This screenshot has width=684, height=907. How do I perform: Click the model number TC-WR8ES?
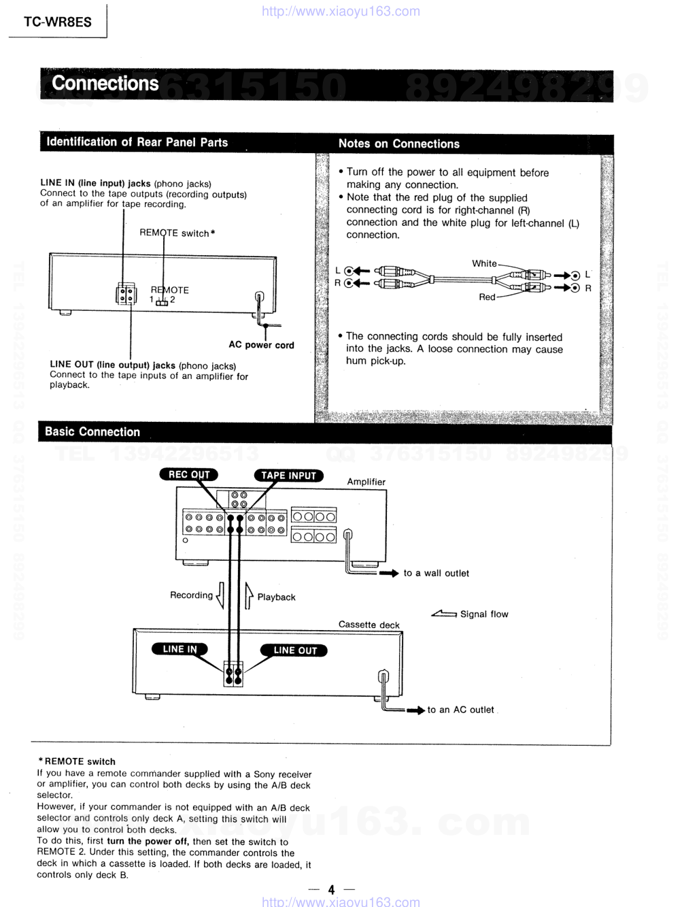coord(57,22)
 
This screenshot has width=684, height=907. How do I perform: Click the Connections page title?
coord(105,84)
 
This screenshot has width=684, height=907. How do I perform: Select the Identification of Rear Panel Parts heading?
coord(137,142)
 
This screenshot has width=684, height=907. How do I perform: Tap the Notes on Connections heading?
coord(398,144)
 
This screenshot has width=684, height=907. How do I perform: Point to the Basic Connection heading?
coord(92,432)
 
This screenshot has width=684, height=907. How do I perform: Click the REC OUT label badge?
coord(188,475)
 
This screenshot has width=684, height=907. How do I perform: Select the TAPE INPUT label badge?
coord(288,476)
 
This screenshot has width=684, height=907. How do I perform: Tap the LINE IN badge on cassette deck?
coord(179,649)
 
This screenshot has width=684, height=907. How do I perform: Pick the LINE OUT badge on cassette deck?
coord(294,650)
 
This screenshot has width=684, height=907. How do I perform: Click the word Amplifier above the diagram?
coord(366,482)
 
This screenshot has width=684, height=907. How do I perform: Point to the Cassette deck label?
coord(369,625)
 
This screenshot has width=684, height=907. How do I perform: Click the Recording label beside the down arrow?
coord(191,595)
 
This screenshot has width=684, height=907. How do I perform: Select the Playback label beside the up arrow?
coord(276,597)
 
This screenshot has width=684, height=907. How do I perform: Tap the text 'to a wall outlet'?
coord(436,574)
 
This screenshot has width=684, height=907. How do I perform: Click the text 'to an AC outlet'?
coord(460,710)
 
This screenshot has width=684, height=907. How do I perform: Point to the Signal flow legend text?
coord(483,614)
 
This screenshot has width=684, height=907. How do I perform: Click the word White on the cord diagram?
coord(484,263)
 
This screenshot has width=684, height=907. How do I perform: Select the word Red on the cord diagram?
coord(487,297)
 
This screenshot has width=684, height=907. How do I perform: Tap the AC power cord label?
coord(261,345)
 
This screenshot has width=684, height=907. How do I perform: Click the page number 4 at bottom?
coord(331,890)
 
